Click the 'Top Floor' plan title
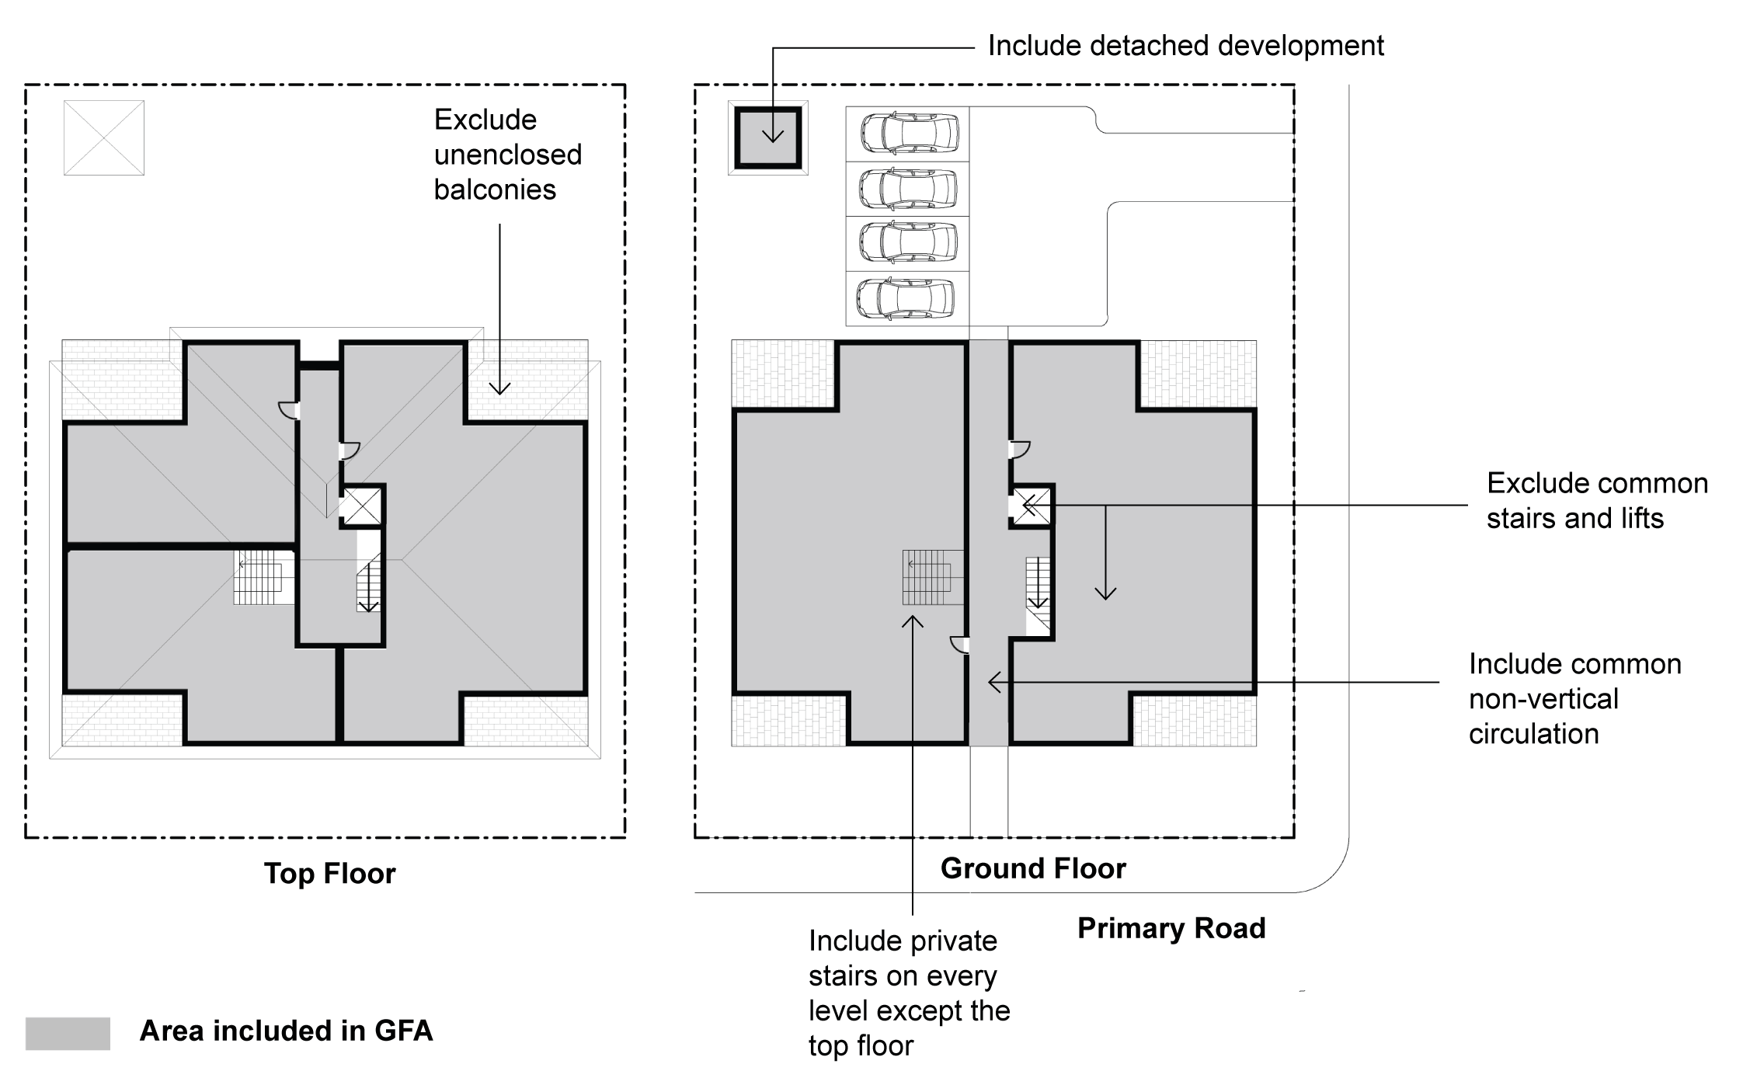329,874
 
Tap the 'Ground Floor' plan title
1032,868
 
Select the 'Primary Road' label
1171,928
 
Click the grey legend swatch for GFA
68,1033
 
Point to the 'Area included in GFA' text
286,1031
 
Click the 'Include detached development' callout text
1185,46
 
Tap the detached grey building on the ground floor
768,138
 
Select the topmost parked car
909,134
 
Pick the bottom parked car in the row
906,298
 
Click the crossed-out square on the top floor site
104,137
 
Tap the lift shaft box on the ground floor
1031,506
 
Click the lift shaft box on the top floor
362,506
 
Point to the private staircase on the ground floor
932,577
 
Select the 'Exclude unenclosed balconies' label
506,155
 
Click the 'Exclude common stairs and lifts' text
1596,501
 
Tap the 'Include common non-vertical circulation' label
1574,699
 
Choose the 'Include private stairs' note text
909,993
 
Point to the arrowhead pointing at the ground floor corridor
993,682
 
